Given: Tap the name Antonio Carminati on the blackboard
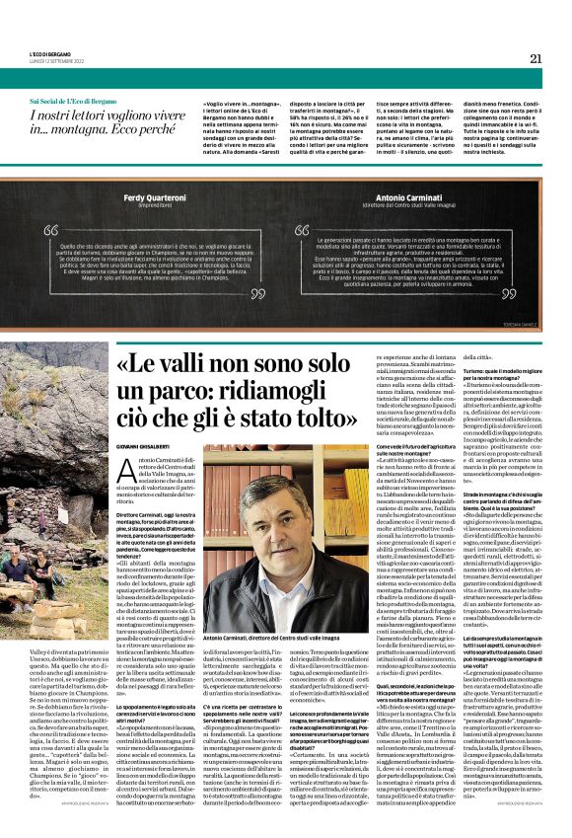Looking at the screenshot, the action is (x=407, y=196).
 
